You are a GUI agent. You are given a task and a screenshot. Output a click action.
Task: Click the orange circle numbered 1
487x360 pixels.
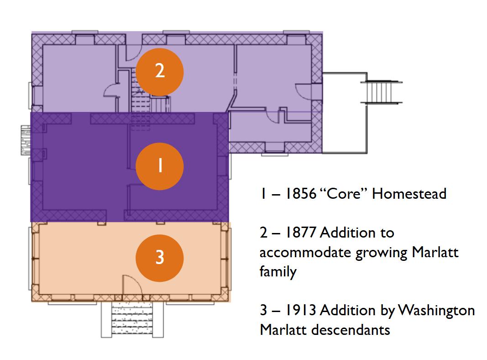(x=160, y=166)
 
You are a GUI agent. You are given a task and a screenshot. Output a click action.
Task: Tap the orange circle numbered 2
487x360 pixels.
(x=160, y=71)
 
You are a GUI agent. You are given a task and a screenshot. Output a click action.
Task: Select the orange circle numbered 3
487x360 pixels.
(x=160, y=258)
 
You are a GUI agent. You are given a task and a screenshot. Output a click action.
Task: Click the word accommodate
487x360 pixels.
(x=305, y=252)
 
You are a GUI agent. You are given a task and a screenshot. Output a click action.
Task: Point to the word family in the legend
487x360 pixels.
(x=278, y=272)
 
